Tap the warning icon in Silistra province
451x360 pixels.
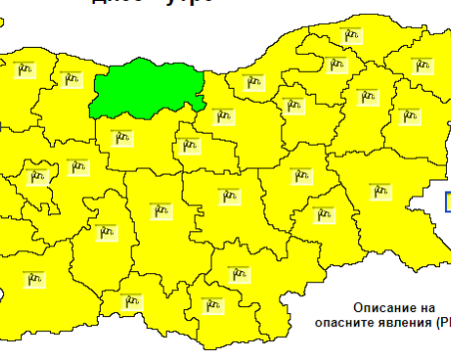[x=351, y=36]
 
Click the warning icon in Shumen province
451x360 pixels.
[x=365, y=97]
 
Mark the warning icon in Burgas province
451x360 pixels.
[x=378, y=190]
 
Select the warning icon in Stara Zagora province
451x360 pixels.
[x=228, y=195]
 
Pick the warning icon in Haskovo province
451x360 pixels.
[x=237, y=272]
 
